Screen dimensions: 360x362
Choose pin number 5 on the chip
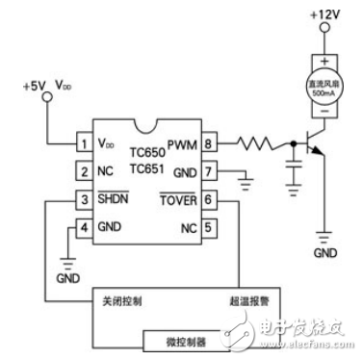[x=208, y=228]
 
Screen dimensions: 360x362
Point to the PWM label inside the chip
[x=182, y=144]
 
